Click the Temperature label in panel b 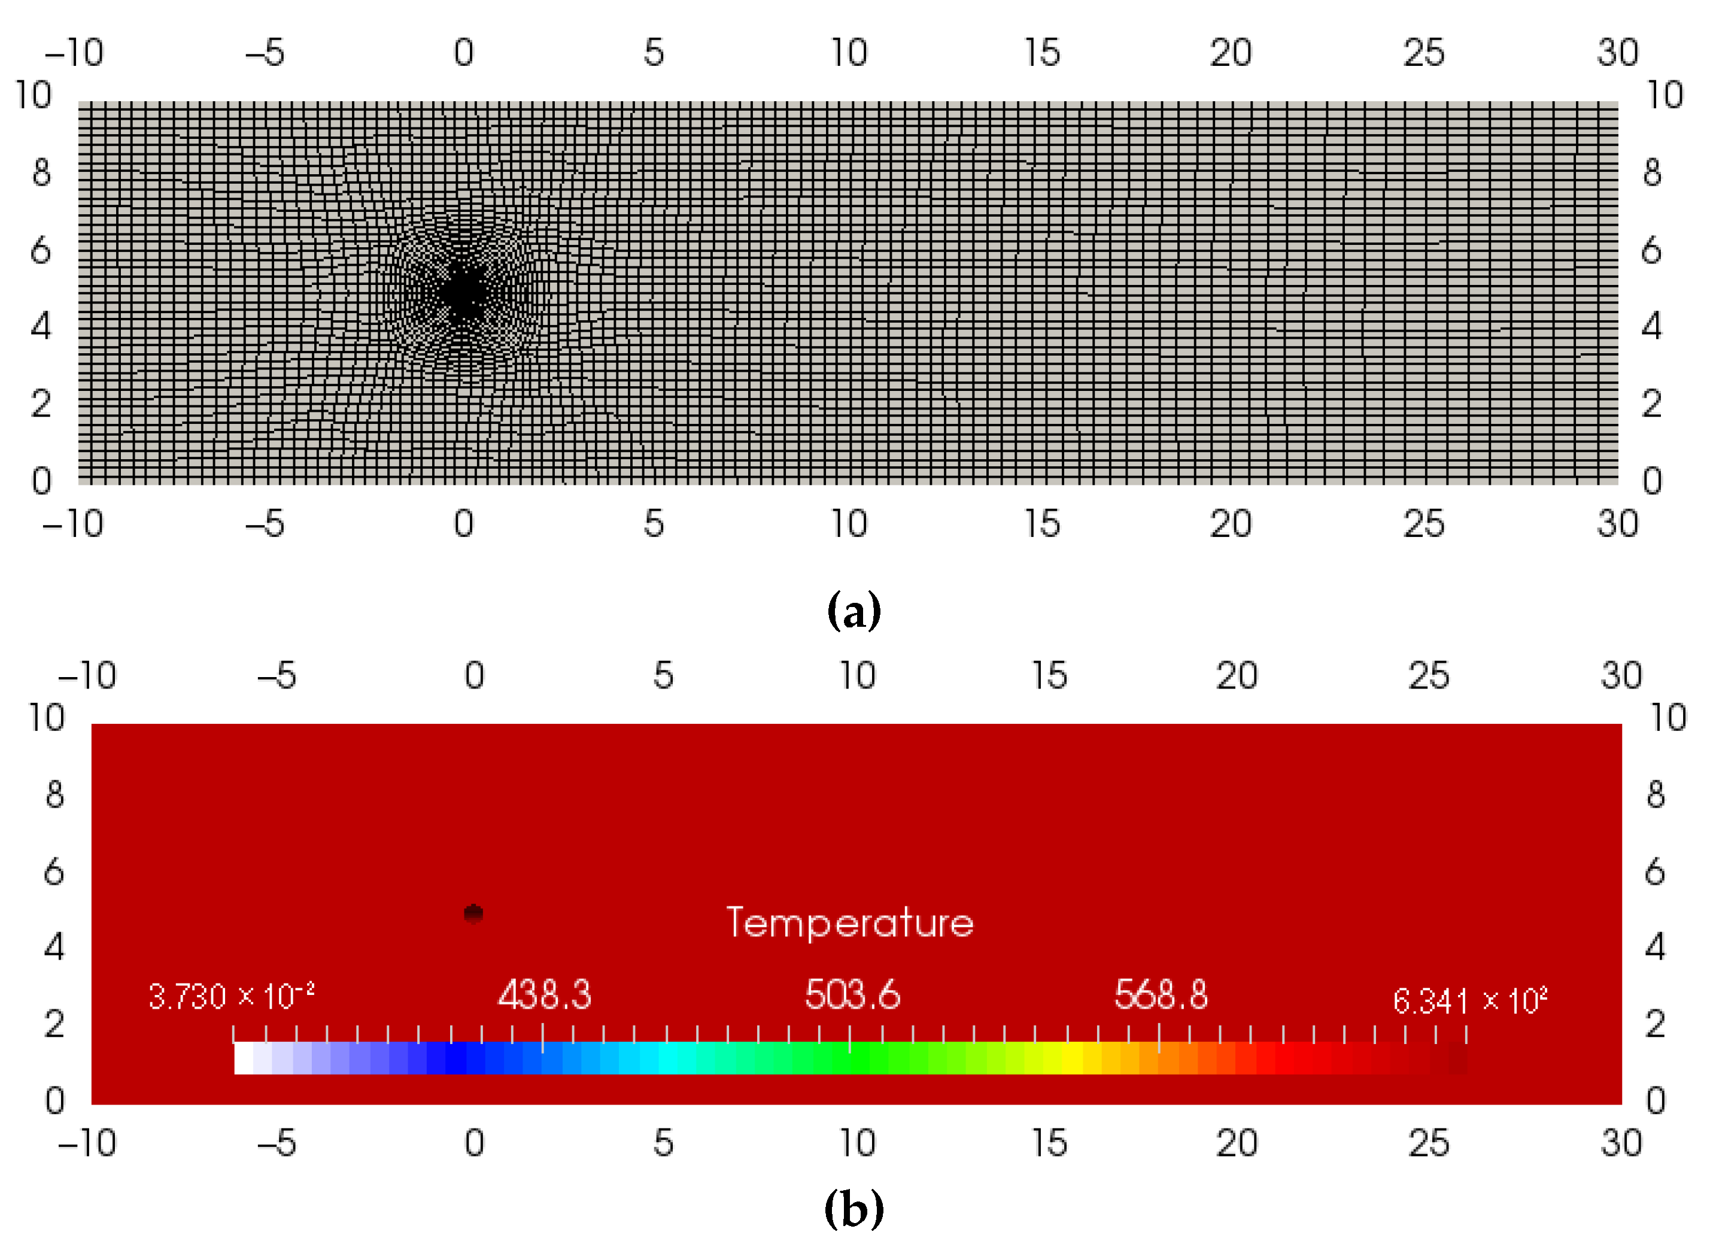[x=849, y=923]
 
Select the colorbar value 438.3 [x=544, y=994]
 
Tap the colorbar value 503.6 [x=852, y=994]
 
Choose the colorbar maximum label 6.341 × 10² [x=1469, y=1000]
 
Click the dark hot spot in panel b [x=473, y=914]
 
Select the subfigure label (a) [x=854, y=611]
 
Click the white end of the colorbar [x=244, y=1058]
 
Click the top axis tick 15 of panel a [x=1042, y=53]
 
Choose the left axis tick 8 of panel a [x=41, y=172]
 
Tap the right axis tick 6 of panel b [x=1655, y=872]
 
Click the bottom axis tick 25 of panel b [x=1428, y=1143]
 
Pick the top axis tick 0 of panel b [x=474, y=675]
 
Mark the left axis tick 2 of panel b [x=54, y=1024]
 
